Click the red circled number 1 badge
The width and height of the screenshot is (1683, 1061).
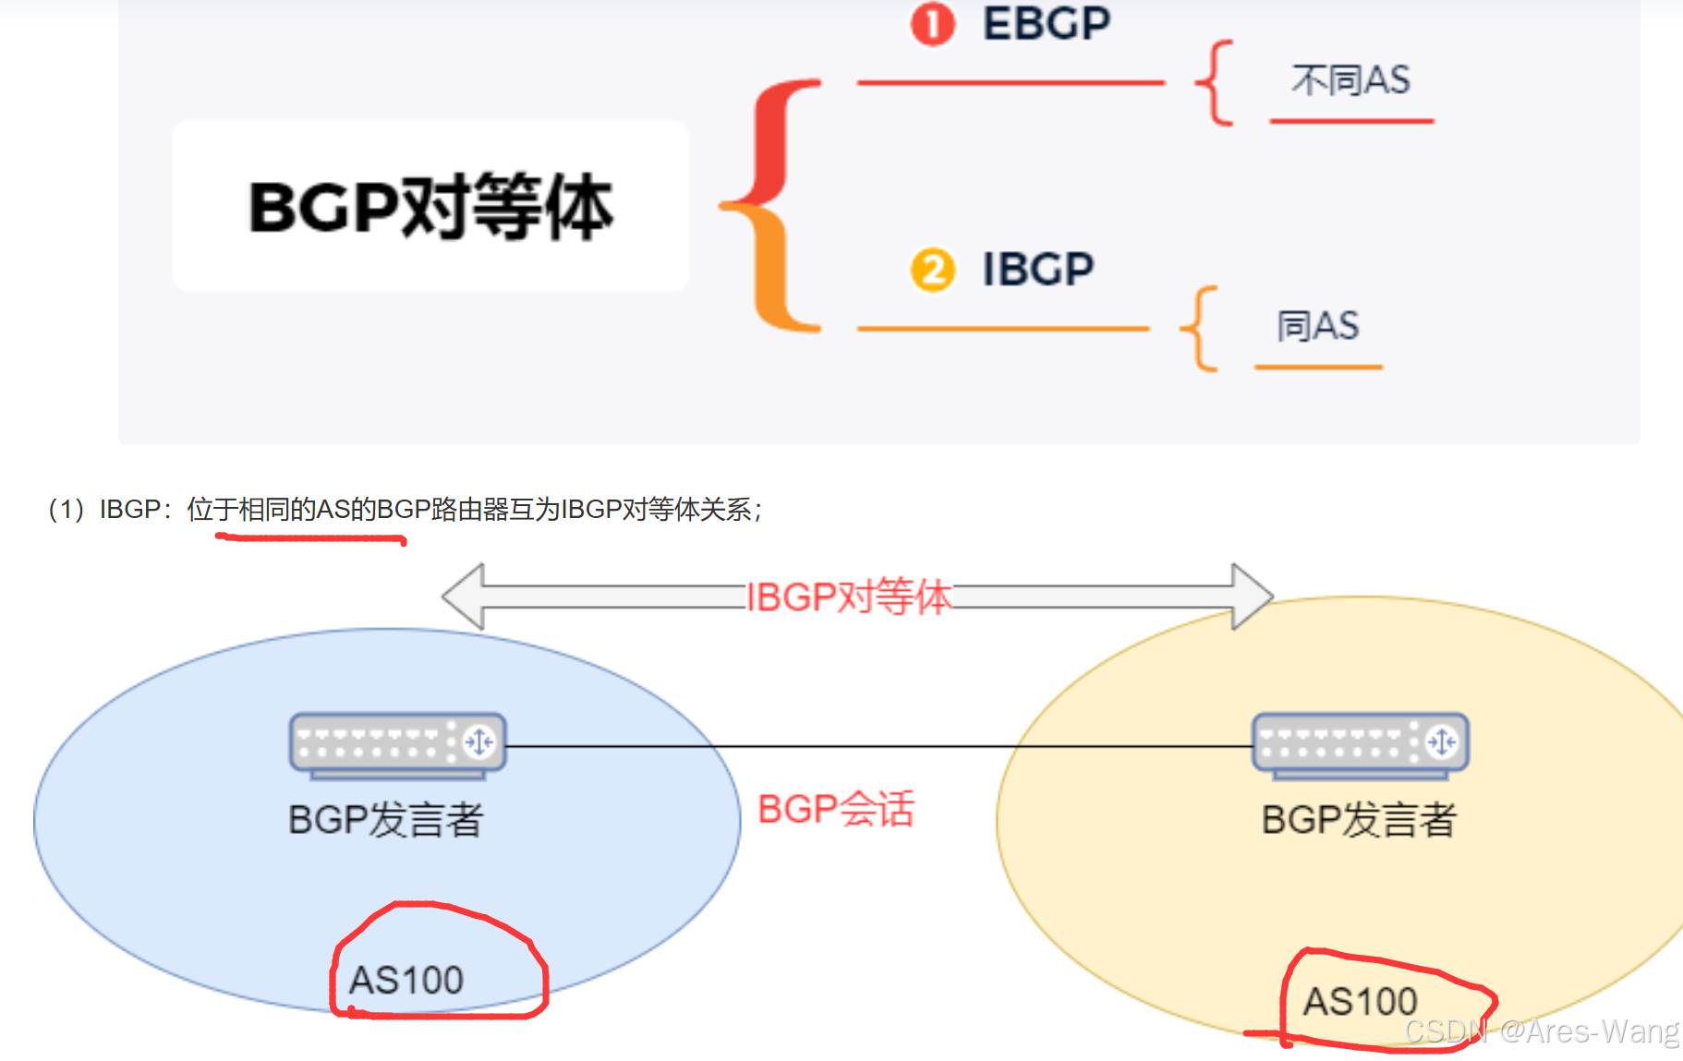(932, 25)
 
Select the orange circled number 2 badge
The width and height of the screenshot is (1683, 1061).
(932, 271)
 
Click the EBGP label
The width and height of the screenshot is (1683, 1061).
(1047, 24)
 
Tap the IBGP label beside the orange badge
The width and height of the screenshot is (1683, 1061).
(1037, 270)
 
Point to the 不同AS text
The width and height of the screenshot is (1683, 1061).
(1350, 80)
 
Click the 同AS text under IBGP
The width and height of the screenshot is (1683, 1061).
(1318, 326)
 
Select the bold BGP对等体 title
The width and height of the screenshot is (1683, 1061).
(430, 207)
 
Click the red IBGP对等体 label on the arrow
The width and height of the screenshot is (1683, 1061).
(848, 597)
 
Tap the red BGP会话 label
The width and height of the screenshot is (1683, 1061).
(836, 809)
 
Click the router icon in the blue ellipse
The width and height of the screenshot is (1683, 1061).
(397, 742)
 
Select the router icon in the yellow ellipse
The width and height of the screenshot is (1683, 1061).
(1360, 742)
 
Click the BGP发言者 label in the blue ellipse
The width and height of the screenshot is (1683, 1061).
(385, 819)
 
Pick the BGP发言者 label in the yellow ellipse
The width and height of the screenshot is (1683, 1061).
(1359, 819)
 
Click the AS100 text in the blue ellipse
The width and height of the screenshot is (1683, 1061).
(406, 980)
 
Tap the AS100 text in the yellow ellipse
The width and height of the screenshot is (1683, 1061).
(1360, 1001)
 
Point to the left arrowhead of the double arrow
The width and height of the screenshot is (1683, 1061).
(465, 597)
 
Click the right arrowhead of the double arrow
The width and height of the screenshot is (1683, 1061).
(1252, 597)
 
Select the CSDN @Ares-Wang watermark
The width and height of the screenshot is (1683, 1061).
(1541, 1031)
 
